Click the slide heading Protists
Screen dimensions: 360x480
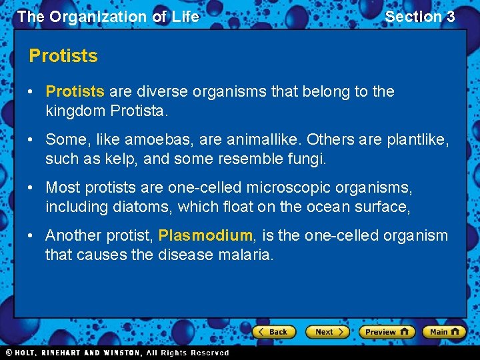click(63, 56)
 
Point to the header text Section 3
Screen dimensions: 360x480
click(420, 17)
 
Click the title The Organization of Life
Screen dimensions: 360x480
click(108, 17)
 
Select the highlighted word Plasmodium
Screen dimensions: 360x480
click(205, 235)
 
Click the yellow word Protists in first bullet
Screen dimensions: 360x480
click(75, 91)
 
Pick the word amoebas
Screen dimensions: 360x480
click(148, 139)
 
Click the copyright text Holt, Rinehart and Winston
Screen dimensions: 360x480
click(117, 353)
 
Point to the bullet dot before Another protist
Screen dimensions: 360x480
click(34, 235)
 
